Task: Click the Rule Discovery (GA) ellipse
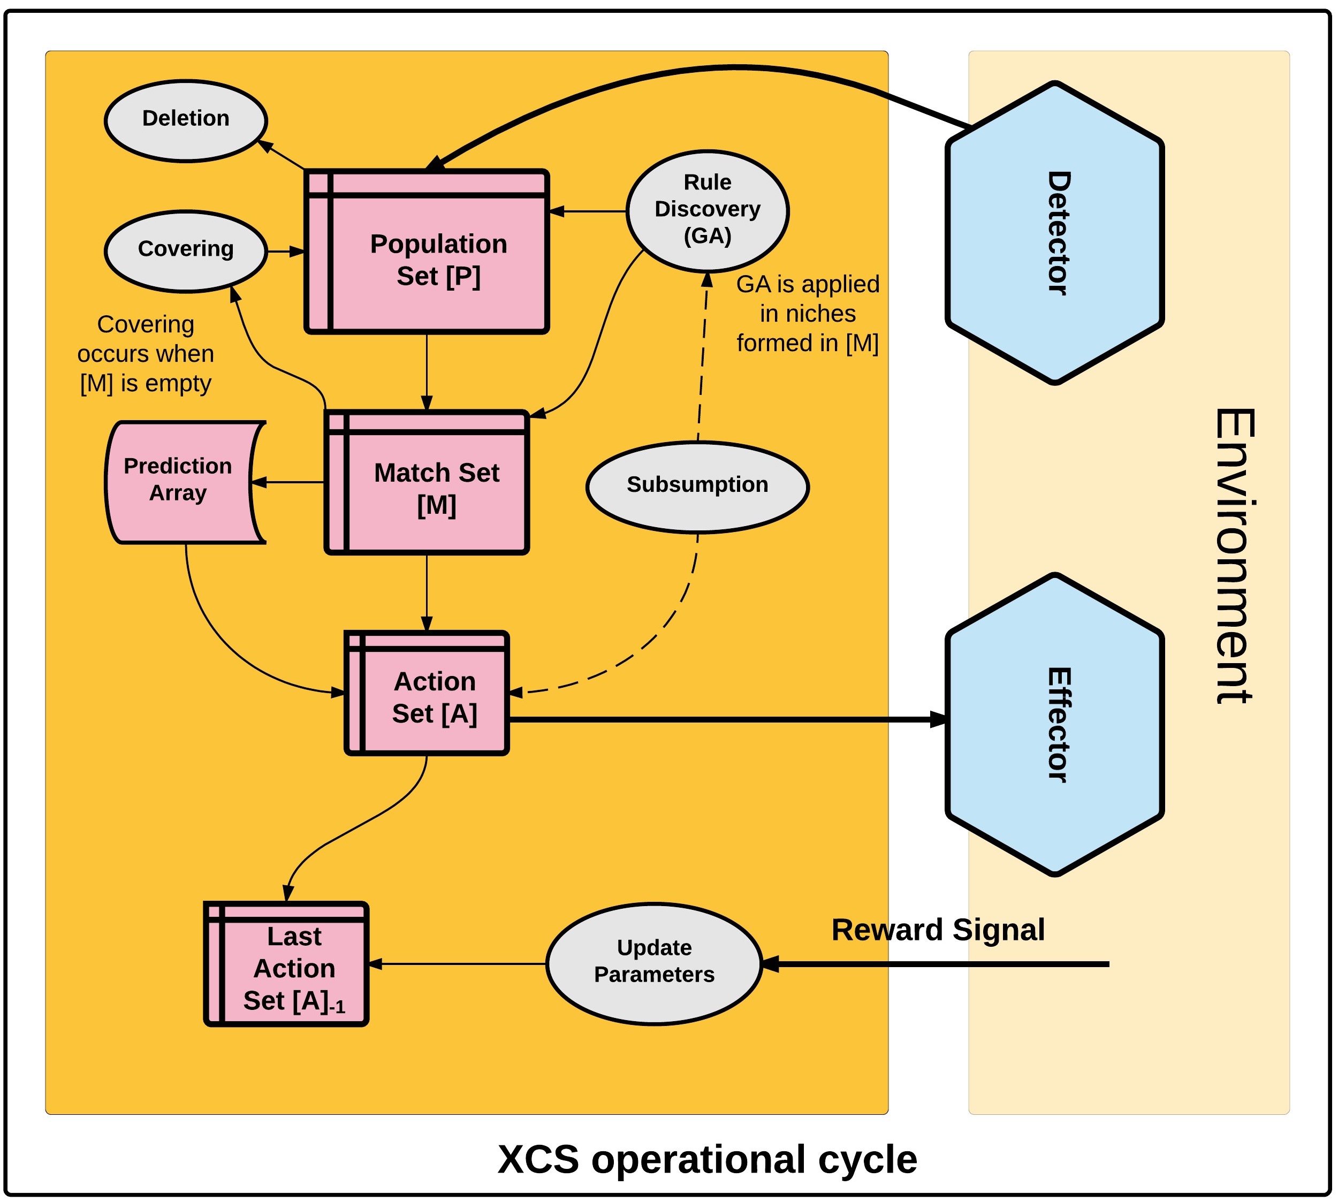pos(706,210)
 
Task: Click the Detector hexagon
pos(1054,232)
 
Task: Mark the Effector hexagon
pos(1054,724)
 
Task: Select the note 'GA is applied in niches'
pos(807,314)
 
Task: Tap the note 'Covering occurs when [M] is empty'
pos(145,354)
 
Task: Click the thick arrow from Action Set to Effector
pos(726,719)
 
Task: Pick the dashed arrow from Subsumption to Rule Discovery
pos(703,356)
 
